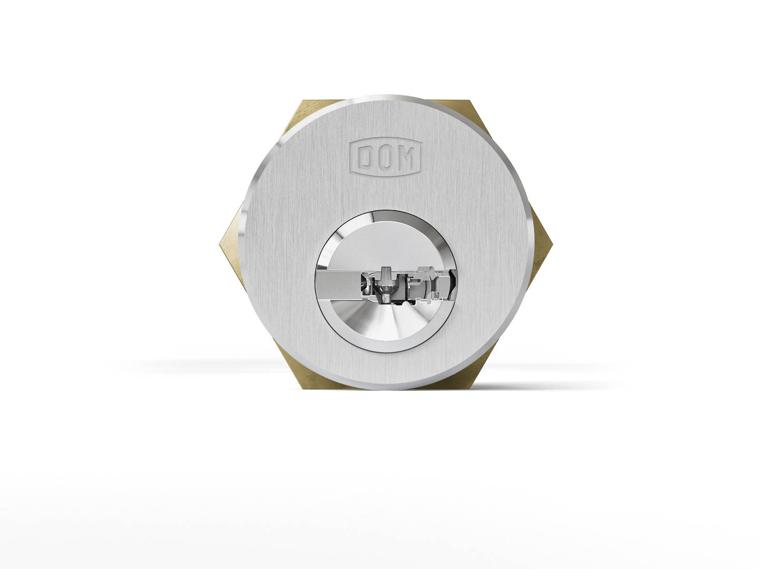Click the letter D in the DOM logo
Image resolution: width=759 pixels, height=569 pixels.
365,156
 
